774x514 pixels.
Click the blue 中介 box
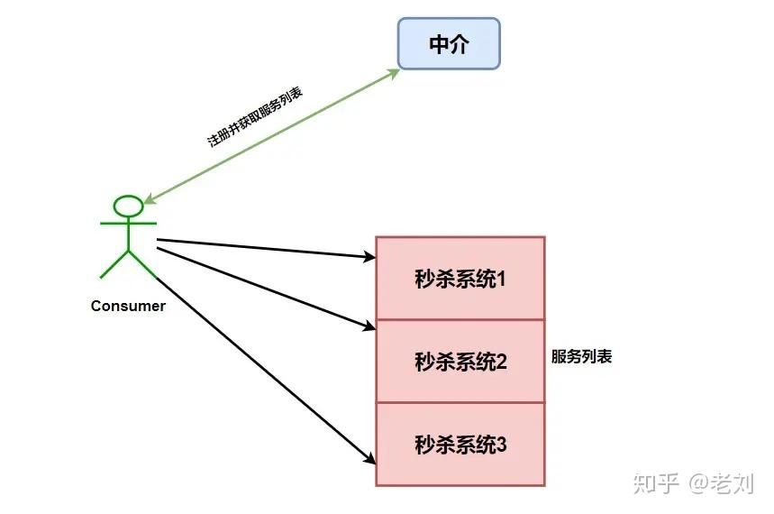click(x=449, y=44)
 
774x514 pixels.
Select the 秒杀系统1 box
click(x=460, y=279)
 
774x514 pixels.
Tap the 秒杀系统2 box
click(x=460, y=362)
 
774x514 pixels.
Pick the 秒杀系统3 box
click(x=460, y=445)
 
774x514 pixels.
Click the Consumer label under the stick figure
click(x=128, y=306)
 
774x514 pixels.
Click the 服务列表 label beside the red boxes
click(x=581, y=356)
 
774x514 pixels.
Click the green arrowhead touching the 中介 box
click(x=394, y=73)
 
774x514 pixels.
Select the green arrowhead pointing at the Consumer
click(x=150, y=200)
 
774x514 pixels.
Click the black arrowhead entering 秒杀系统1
click(x=369, y=258)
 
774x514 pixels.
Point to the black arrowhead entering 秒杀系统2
click(x=369, y=326)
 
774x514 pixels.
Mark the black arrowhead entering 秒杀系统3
click(x=369, y=458)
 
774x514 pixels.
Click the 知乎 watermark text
click(x=656, y=483)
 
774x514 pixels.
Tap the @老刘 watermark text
click(x=722, y=483)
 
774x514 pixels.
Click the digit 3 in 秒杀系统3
click(x=502, y=445)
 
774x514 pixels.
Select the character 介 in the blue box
click(x=460, y=44)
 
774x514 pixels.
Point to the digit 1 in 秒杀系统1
click(x=502, y=279)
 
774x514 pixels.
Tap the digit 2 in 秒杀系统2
click(x=502, y=362)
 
